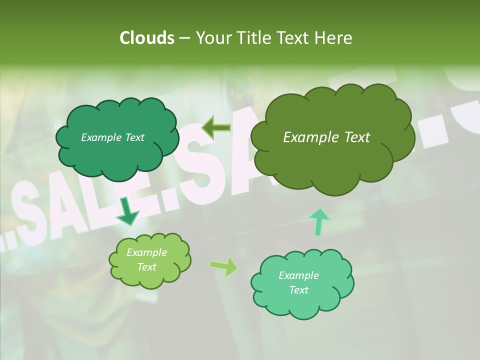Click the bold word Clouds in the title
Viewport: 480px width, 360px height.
[146, 38]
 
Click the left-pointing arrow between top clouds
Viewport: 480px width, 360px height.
[216, 128]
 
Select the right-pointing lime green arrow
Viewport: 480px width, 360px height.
[224, 266]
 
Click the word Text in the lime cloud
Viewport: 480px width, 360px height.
[146, 267]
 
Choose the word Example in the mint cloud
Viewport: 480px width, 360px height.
[298, 275]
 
